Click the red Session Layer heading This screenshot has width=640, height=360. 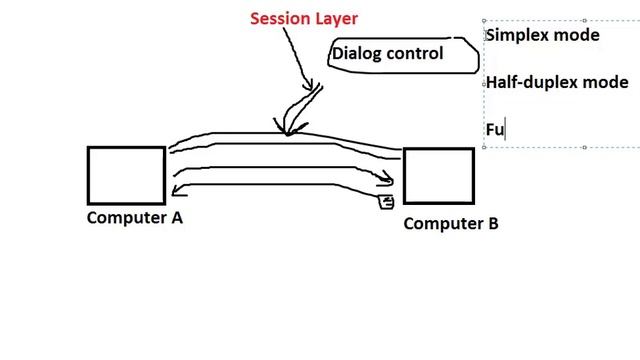(303, 18)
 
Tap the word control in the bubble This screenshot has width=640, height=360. (415, 53)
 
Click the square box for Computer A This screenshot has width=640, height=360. (126, 175)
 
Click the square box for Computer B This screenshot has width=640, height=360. (438, 177)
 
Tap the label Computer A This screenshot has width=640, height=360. (135, 217)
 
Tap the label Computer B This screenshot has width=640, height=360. (451, 223)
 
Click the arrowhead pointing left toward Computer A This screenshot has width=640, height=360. (177, 190)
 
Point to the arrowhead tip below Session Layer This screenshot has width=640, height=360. (287, 130)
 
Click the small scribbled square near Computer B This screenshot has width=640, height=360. (386, 203)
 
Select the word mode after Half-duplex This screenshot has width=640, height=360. (606, 82)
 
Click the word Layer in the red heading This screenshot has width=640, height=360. (335, 18)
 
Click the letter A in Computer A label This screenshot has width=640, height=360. (176, 217)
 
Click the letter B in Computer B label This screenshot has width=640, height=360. (492, 223)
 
